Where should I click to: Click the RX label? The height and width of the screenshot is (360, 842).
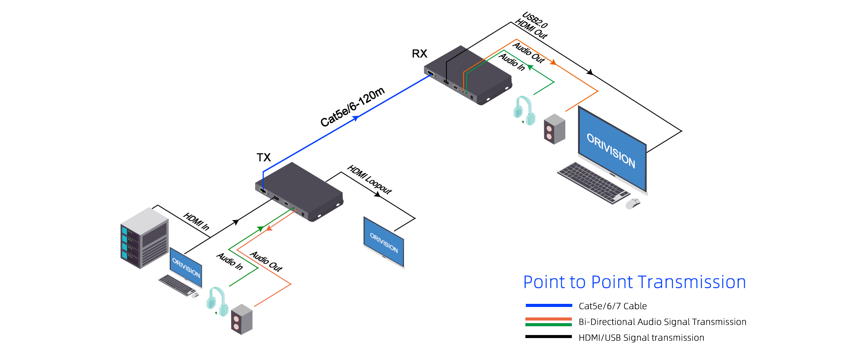coord(419,53)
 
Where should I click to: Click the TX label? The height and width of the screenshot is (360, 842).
coord(264,157)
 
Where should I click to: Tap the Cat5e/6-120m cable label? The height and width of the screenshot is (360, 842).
coord(352,107)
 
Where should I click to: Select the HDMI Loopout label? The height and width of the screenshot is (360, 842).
coord(369,179)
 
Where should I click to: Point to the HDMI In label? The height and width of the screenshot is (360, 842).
coord(196,221)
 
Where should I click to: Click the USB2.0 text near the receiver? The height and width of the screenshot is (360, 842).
coord(535,20)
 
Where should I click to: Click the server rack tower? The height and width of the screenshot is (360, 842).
coord(144,238)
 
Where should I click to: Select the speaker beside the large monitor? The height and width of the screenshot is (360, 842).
coord(554,129)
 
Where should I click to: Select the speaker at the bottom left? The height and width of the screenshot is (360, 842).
coord(242,319)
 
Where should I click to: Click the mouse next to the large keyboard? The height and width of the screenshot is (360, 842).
coord(632,203)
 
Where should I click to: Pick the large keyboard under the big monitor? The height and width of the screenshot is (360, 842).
coord(593,182)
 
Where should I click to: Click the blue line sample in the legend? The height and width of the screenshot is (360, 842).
coord(549,306)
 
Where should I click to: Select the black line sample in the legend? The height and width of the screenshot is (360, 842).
coord(549,337)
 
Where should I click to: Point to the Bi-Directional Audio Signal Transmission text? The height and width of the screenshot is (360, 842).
coord(662,322)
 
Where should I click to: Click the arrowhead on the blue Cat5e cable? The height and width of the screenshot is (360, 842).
coord(356,118)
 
